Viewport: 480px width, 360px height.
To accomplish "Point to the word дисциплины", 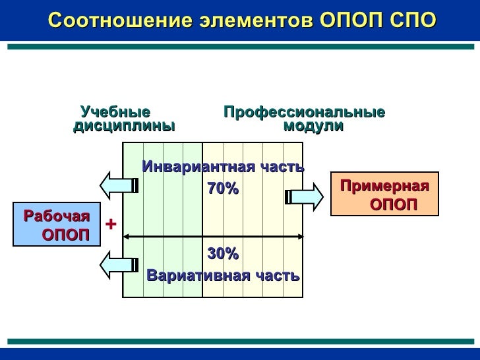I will tap(124, 126).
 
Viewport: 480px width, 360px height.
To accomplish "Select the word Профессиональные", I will tap(304, 112).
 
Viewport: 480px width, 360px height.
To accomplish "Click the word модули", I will tap(313, 126).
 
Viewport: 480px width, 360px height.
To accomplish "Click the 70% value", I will tap(223, 189).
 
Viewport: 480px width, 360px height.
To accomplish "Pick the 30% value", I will tap(223, 254).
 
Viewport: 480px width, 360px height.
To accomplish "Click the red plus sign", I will tap(111, 225).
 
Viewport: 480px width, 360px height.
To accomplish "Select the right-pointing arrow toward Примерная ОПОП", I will tap(307, 196).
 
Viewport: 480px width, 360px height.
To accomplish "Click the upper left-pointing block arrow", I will tap(119, 185).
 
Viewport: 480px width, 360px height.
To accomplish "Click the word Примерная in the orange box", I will tap(384, 187).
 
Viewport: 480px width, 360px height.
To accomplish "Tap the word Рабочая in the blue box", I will tap(56, 216).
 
